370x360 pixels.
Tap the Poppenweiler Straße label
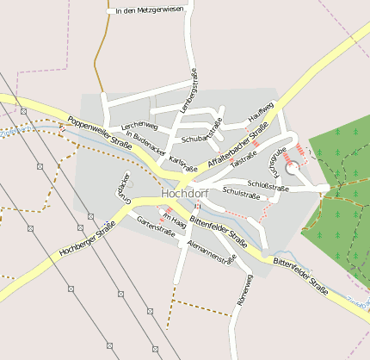(x=99, y=133)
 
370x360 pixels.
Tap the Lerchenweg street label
(x=139, y=126)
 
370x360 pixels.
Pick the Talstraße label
(x=245, y=157)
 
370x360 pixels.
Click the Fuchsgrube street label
(x=277, y=159)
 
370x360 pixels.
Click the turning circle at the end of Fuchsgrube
(x=293, y=169)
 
